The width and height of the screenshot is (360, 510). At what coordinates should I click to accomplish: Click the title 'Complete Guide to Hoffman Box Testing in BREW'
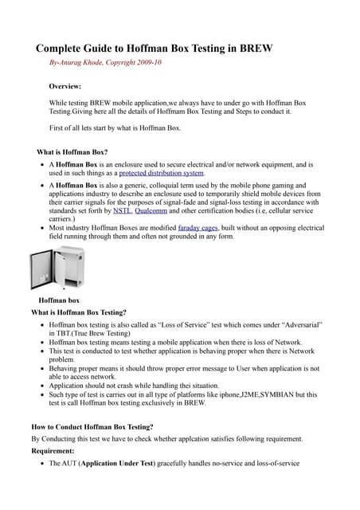(155, 48)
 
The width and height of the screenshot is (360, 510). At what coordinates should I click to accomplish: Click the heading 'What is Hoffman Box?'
(76, 151)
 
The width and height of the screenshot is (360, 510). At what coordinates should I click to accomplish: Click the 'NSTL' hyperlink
(123, 211)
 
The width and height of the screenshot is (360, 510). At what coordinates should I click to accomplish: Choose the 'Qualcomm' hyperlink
(151, 211)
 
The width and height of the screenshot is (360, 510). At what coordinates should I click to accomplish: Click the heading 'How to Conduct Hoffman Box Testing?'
(92, 427)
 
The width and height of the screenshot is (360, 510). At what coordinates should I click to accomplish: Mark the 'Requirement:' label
(58, 449)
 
